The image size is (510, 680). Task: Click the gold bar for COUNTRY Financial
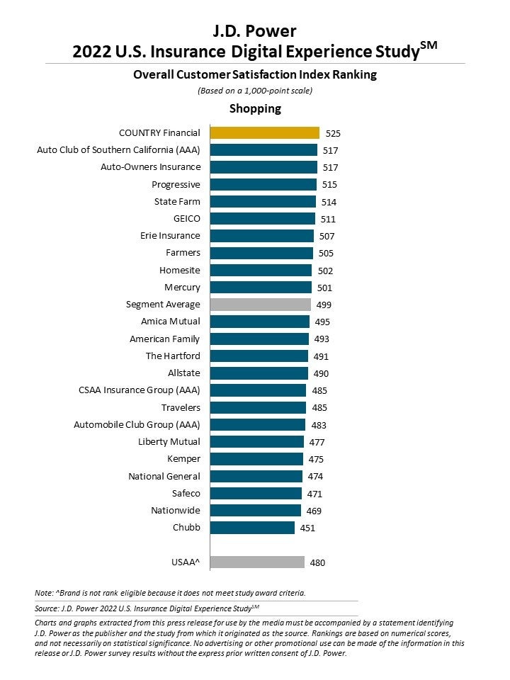265,132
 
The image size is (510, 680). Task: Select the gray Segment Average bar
261,305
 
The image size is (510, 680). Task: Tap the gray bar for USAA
258,562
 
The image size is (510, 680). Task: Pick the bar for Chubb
253,528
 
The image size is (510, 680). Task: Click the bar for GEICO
263,219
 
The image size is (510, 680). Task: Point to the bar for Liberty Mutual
257,442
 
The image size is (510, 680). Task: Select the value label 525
333,133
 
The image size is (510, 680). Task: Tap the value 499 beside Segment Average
324,305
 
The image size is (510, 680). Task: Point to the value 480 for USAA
317,563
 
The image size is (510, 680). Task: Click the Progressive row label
176,185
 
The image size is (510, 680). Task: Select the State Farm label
177,202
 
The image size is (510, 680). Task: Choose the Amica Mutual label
170,322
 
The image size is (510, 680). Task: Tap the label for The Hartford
173,356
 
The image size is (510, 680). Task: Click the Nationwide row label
176,511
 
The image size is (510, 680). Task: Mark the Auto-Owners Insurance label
150,167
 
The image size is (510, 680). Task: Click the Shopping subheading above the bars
255,108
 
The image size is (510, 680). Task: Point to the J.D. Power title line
255,31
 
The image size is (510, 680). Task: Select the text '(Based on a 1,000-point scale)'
254,91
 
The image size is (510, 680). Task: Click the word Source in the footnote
46,608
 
